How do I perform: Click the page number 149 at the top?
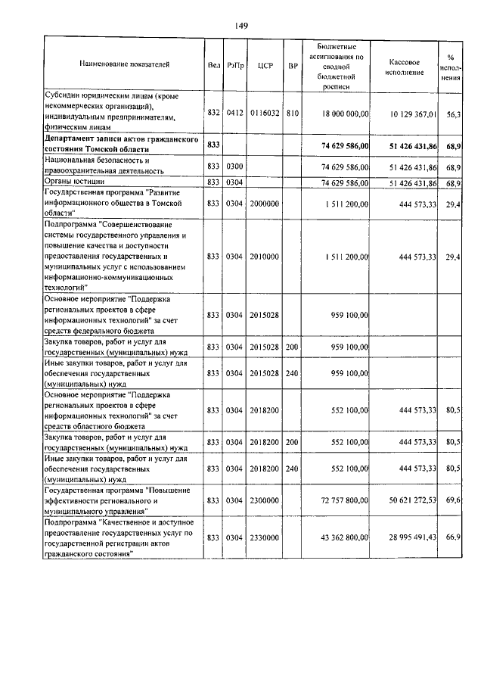click(241, 26)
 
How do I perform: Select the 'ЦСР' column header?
click(265, 65)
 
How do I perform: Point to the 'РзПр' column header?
click(234, 65)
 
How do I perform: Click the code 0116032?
click(265, 113)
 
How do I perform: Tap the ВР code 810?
click(293, 113)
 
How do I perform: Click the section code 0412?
click(234, 113)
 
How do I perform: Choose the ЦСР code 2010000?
click(265, 257)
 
